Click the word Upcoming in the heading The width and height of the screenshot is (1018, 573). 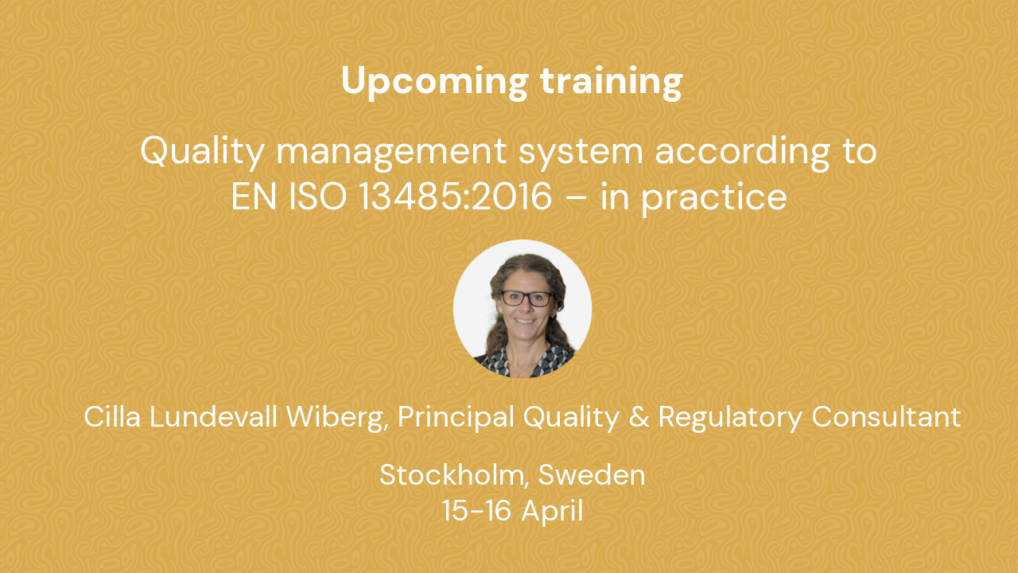click(435, 82)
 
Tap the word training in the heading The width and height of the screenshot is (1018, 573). click(612, 82)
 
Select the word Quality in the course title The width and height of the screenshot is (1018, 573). click(203, 152)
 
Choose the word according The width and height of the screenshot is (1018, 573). click(743, 152)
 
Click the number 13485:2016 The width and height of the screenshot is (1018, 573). click(456, 197)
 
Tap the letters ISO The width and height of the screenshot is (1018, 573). click(318, 197)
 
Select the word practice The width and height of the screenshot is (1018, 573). click(714, 198)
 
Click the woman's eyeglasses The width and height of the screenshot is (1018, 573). click(527, 298)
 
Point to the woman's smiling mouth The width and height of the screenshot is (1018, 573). click(526, 321)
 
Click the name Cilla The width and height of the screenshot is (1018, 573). click(112, 416)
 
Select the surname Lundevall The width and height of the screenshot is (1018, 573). click(213, 416)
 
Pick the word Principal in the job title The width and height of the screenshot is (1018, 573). click(456, 418)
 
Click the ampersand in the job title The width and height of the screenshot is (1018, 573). click(639, 417)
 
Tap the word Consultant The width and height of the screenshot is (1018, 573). click(886, 416)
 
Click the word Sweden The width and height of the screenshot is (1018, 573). click(592, 475)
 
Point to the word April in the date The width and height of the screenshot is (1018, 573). click(552, 511)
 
